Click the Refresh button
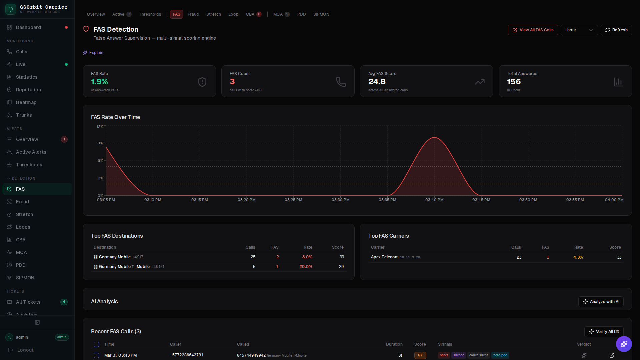[x=616, y=30]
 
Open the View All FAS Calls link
[x=533, y=30]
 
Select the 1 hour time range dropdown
[x=579, y=30]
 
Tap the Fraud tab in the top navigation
[x=193, y=14]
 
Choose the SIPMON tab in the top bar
[x=321, y=14]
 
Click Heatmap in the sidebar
[x=26, y=102]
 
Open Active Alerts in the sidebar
[x=31, y=152]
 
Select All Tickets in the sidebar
[x=28, y=302]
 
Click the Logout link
[x=25, y=350]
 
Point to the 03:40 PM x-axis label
[x=434, y=200]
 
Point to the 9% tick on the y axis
[x=100, y=143]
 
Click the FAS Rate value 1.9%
[x=99, y=82]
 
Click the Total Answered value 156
[x=514, y=82]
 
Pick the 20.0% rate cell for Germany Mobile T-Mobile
[x=306, y=267]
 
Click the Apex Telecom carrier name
[x=385, y=257]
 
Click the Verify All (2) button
[x=604, y=332]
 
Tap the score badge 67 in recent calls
[x=420, y=355]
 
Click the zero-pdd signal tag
[x=500, y=355]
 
